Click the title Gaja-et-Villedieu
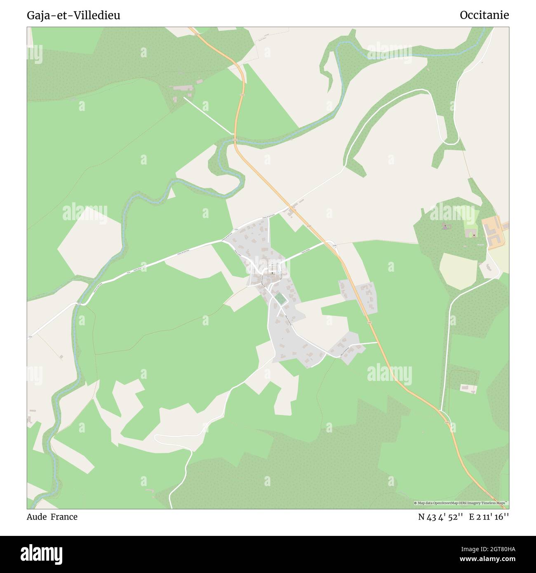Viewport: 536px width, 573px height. [73, 15]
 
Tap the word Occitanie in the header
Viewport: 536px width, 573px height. [484, 15]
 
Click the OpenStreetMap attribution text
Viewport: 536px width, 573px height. [461, 503]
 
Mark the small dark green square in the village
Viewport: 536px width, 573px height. [280, 299]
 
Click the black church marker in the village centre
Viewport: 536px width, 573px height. [272, 272]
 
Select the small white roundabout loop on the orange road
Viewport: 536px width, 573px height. [330, 244]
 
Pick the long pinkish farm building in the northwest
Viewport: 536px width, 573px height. [183, 88]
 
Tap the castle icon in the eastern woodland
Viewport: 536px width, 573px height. [474, 235]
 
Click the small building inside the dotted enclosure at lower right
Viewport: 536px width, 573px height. [468, 388]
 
